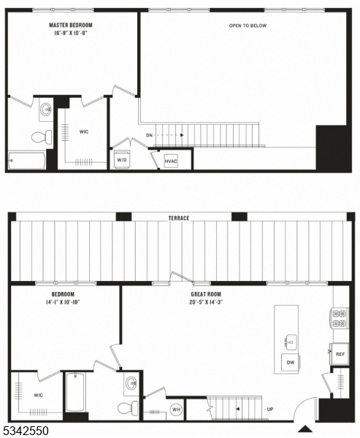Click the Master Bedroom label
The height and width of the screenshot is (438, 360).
click(x=71, y=25)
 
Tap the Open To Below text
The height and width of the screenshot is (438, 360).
click(x=248, y=26)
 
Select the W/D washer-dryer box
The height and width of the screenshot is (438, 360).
click(x=122, y=160)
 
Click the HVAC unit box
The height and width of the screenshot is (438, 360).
click(x=171, y=161)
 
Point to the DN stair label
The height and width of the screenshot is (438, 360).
click(x=149, y=136)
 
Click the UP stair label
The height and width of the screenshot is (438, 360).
click(x=270, y=410)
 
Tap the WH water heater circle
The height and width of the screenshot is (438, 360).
click(x=176, y=410)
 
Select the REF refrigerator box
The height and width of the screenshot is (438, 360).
click(x=340, y=354)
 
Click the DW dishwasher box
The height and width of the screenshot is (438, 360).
click(x=291, y=363)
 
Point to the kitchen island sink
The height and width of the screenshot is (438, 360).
click(x=291, y=342)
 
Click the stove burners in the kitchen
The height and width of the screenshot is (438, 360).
click(x=340, y=318)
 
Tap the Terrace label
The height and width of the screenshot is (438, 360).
click(x=179, y=218)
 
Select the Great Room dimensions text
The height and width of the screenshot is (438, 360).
click(x=206, y=302)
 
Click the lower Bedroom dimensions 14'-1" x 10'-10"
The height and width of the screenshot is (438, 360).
click(x=63, y=302)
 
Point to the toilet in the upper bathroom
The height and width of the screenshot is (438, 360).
click(x=42, y=137)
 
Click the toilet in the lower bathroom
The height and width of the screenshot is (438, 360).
click(x=128, y=408)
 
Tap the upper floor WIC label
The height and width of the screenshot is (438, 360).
click(x=84, y=131)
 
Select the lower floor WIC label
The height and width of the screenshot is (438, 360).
click(x=39, y=395)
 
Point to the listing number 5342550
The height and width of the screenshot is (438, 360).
click(x=25, y=431)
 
